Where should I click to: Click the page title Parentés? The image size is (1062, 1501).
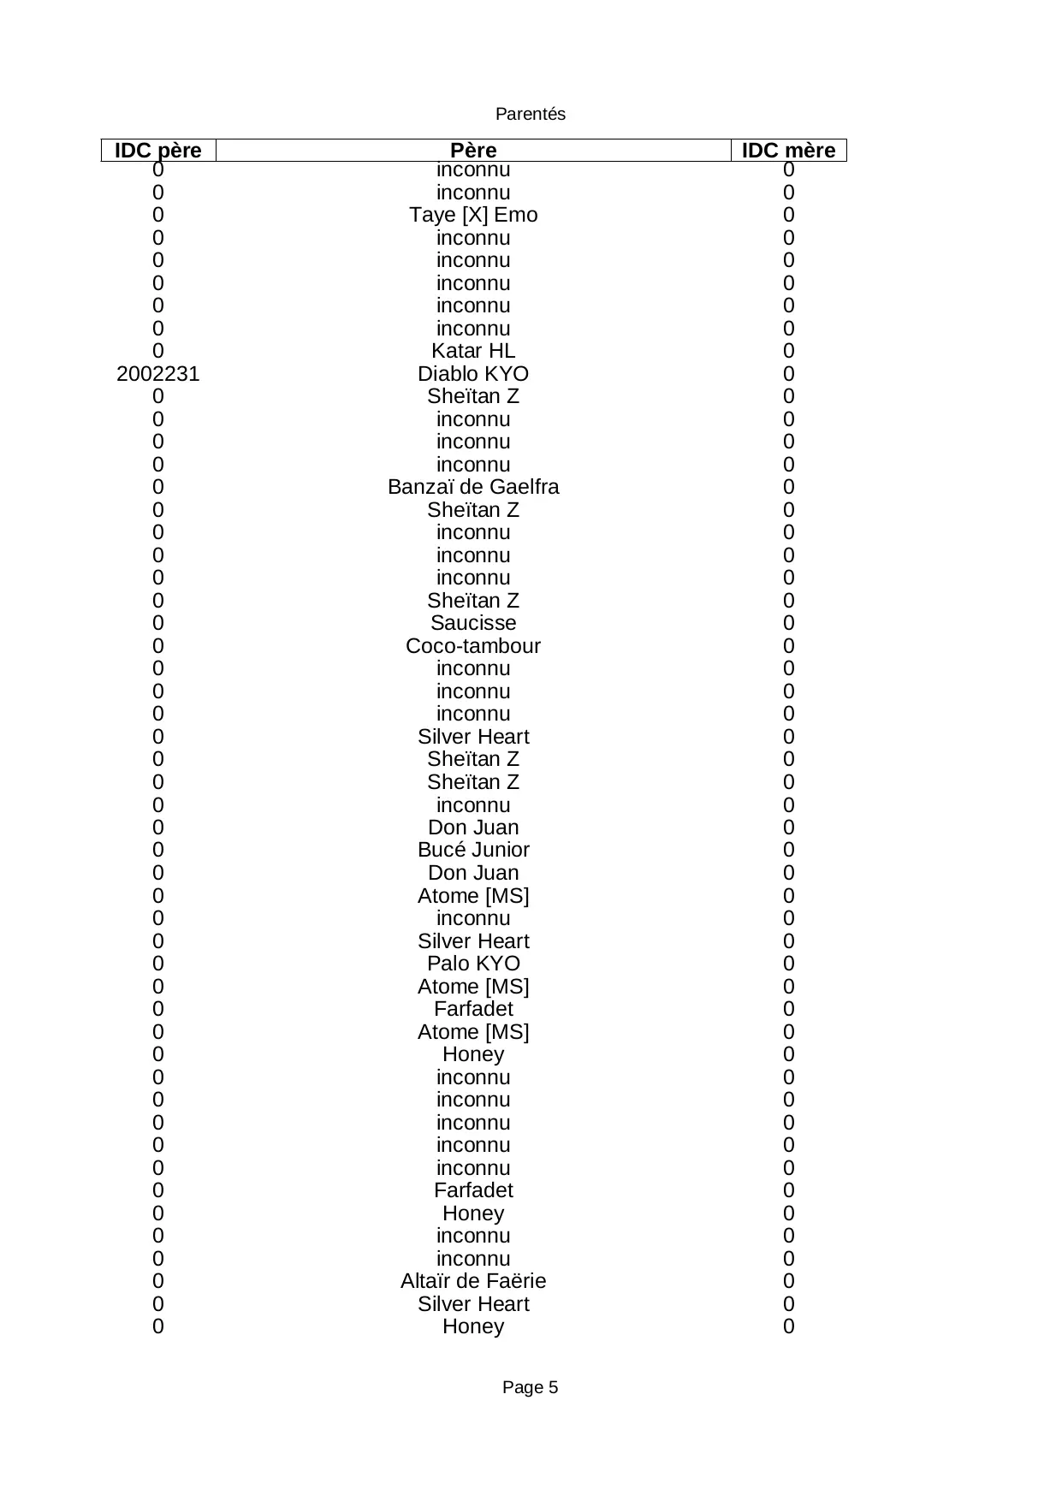pos(531,115)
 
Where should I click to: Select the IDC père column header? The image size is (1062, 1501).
pos(158,151)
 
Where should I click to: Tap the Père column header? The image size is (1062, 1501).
pos(473,151)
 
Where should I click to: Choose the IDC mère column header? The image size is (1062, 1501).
pos(788,151)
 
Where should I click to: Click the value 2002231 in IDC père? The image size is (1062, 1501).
pos(158,374)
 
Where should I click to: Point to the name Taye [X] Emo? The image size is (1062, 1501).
pos(473,215)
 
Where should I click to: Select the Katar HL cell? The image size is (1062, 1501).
pos(473,351)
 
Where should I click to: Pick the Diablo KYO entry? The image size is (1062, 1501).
pos(473,374)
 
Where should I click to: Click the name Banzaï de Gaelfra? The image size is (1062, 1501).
pos(473,487)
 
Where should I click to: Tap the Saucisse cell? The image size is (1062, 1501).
pos(473,623)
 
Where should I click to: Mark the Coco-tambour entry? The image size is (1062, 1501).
pos(473,646)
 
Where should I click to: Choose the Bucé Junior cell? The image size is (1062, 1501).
pos(473,850)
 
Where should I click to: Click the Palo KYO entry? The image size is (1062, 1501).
pos(473,964)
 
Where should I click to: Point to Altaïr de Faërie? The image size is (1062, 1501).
pos(473,1281)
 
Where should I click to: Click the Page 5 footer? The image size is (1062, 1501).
pos(531,1387)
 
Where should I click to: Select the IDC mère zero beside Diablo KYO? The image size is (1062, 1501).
pos(789,374)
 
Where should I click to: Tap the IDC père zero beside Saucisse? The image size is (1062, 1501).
pos(158,623)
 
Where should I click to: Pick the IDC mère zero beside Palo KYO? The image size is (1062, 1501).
pos(789,964)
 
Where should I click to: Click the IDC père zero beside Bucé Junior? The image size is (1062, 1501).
pos(158,850)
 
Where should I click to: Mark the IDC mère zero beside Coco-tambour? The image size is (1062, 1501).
pos(789,646)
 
